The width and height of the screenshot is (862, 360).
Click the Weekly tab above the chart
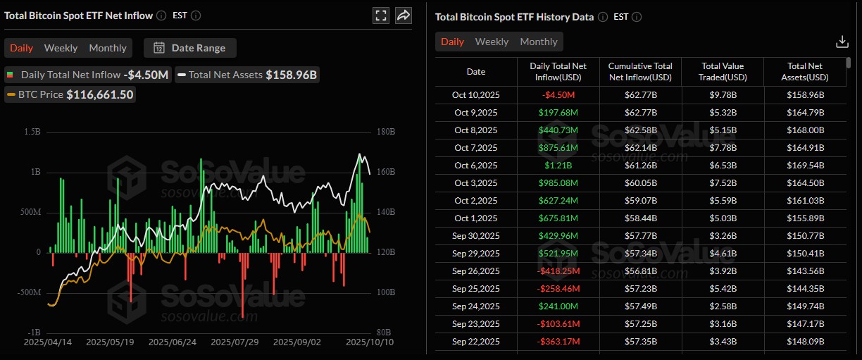pos(61,48)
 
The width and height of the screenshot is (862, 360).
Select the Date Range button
pos(190,48)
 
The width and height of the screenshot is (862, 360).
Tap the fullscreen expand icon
pos(380,15)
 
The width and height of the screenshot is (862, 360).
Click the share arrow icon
pos(404,15)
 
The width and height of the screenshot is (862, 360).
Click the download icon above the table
pos(842,42)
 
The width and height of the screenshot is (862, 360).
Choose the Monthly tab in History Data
pos(539,42)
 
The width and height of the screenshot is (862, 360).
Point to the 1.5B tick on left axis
pos(31,132)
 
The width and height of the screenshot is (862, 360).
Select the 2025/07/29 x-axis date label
pos(235,342)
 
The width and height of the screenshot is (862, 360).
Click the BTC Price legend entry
pos(70,94)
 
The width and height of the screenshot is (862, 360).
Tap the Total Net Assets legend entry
pos(246,75)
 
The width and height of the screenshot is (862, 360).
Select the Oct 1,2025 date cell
pos(476,218)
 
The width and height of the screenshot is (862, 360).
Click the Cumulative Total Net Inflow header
pos(640,71)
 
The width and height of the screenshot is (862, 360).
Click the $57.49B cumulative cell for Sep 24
pos(640,306)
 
